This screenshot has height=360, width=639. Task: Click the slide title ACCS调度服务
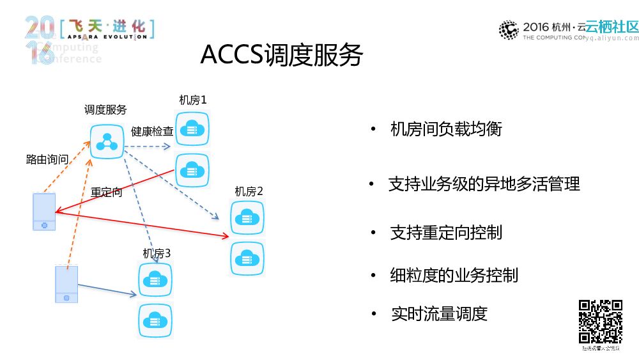pos(281,56)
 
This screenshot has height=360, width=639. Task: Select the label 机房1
pos(193,100)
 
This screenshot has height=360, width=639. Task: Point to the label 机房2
pos(249,192)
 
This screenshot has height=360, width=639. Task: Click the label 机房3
pos(157,253)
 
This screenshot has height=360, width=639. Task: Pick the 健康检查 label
pos(152,132)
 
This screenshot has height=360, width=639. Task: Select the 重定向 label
pos(106,192)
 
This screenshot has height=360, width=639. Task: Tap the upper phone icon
pos(44,211)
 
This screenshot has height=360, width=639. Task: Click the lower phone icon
pos(66,284)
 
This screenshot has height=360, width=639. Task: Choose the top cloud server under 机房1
pos(192,129)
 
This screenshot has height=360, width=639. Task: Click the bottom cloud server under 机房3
pos(155,320)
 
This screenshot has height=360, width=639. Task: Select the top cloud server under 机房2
pos(247,217)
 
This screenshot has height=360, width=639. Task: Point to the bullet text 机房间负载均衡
pos(446,129)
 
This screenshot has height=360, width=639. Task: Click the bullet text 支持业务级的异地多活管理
pos(484,185)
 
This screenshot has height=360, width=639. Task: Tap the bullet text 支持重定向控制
pos(446,233)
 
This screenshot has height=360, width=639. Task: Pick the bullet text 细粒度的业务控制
pos(454,276)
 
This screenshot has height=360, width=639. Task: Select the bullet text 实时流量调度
pos(440,314)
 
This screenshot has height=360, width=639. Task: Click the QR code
pos(600,322)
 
